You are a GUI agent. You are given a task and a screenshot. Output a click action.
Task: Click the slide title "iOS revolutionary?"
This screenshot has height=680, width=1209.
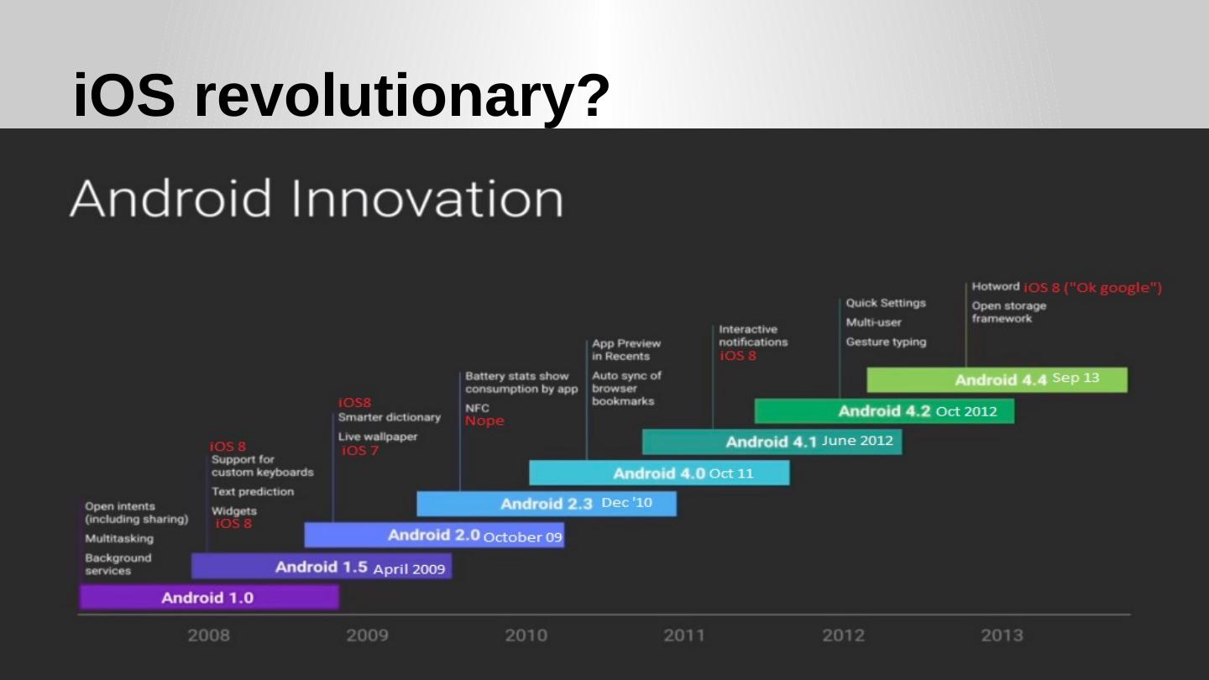[341, 95]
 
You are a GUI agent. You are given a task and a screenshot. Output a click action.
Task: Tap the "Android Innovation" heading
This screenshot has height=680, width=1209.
[316, 199]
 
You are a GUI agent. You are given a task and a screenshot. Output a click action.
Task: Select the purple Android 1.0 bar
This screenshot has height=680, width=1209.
[209, 597]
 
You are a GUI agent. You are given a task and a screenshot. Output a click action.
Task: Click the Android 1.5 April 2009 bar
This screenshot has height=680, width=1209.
[322, 567]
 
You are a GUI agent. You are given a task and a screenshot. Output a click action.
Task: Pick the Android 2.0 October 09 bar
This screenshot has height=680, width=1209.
[434, 535]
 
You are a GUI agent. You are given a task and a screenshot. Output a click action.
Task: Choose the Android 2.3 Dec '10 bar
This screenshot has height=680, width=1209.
[547, 504]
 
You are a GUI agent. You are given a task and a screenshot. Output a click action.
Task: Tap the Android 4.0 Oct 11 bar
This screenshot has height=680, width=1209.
[659, 473]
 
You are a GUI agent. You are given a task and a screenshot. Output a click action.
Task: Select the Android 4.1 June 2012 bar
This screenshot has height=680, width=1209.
[772, 442]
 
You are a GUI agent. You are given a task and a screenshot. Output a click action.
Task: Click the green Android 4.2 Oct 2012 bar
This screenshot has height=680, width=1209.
[884, 411]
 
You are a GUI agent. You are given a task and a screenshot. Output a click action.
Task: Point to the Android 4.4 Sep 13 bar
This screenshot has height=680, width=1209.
[997, 379]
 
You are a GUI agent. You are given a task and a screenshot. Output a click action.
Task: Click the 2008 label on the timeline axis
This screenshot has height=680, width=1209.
[208, 636]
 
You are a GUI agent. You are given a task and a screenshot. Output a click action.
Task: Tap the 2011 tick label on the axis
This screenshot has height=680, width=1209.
[684, 636]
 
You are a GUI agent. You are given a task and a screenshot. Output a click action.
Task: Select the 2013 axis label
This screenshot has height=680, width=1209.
[1002, 636]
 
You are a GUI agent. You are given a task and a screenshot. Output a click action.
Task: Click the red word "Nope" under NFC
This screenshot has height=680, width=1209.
[484, 421]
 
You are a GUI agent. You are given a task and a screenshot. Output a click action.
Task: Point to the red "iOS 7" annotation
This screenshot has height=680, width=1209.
[360, 451]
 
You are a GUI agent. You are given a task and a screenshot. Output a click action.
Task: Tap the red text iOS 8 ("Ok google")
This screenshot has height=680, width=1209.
[1092, 288]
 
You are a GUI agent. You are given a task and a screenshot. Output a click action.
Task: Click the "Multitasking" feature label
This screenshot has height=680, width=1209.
[119, 538]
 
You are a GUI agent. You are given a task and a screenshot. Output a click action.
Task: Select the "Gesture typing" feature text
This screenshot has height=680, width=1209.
[886, 342]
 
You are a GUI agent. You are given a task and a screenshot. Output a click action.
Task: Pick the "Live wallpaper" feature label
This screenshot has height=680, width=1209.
[377, 437]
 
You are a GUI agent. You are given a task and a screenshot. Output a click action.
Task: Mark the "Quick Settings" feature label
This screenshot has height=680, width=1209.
[886, 303]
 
